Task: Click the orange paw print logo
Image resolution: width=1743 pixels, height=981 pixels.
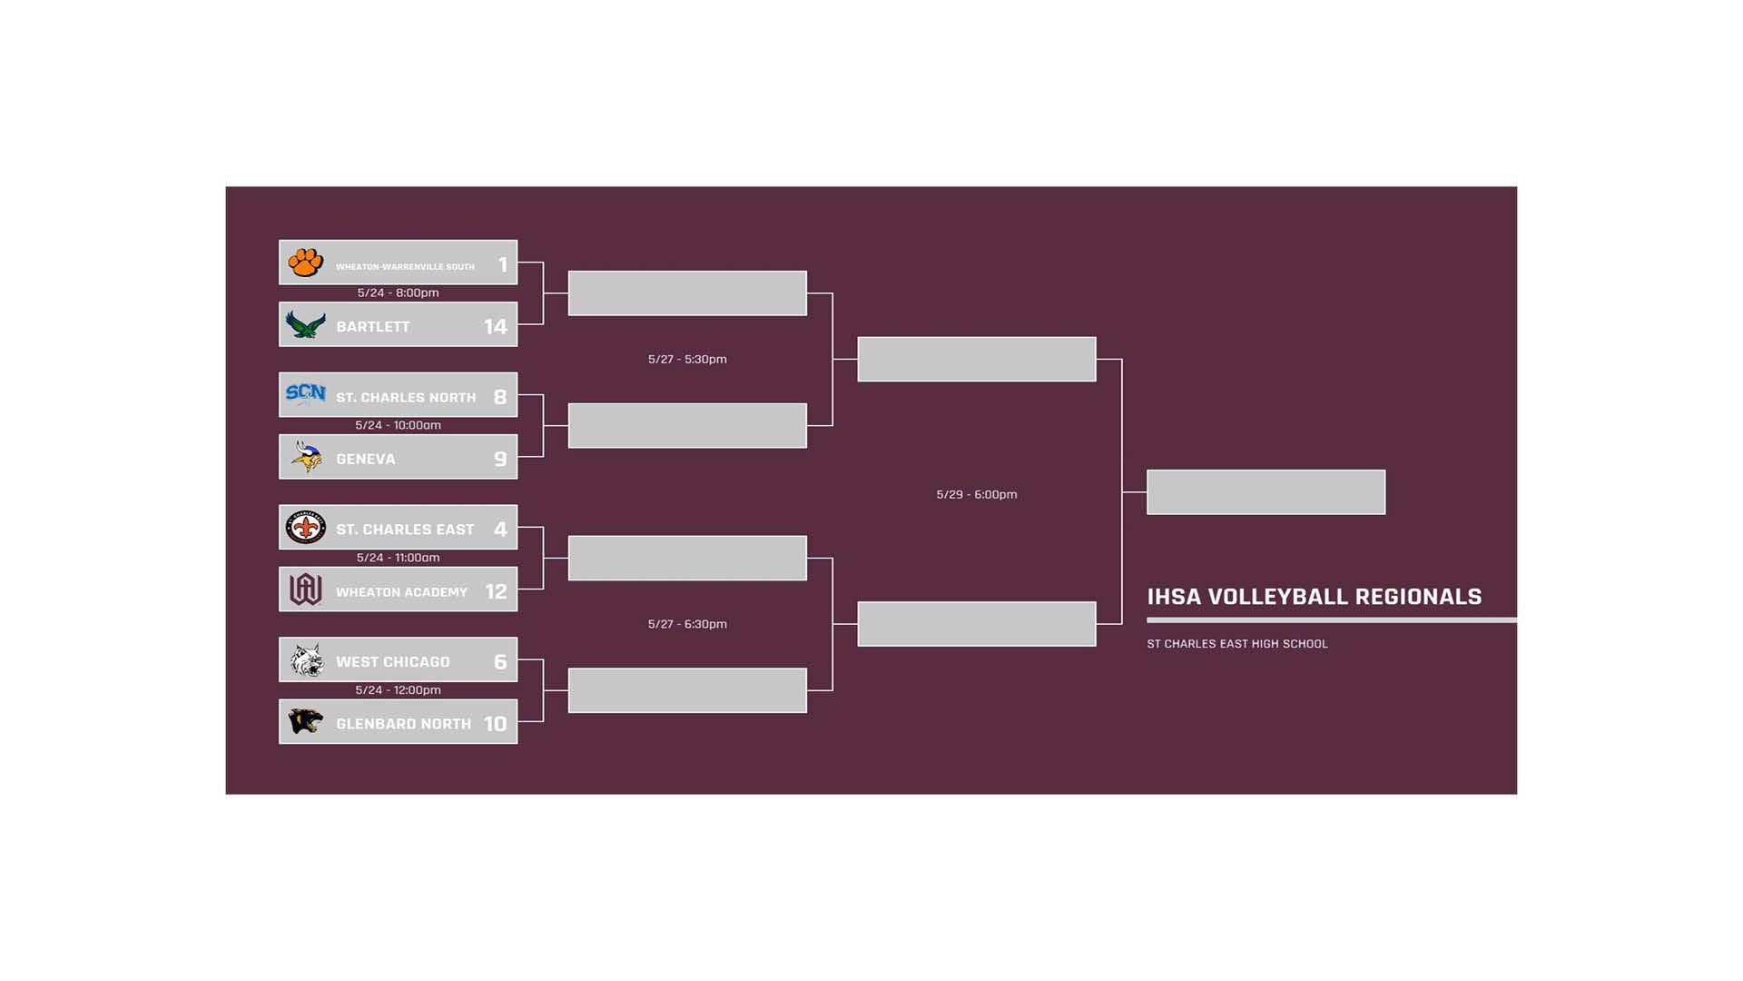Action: [x=305, y=263]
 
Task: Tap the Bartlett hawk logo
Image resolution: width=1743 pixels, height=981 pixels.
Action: [x=305, y=324]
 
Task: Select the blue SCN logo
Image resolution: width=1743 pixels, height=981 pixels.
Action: [x=305, y=394]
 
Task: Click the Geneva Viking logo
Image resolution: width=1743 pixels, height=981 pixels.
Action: [x=306, y=457]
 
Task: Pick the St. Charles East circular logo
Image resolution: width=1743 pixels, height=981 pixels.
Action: [x=305, y=527]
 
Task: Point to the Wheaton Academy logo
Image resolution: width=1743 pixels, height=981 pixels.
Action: [x=305, y=590]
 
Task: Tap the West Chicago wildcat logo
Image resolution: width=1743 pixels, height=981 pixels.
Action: [x=306, y=659]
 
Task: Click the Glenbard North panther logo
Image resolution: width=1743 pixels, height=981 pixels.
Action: [x=305, y=721]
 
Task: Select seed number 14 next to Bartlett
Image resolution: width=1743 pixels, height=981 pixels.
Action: [x=495, y=326]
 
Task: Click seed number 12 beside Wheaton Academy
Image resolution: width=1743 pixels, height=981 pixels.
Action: [x=496, y=591]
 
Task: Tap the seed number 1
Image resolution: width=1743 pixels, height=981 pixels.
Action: [x=503, y=264]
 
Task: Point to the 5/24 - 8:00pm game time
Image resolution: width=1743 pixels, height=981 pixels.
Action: [x=398, y=292]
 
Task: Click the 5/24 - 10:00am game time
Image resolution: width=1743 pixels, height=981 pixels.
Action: [x=398, y=425]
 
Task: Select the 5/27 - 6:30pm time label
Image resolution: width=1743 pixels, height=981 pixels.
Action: [x=687, y=624]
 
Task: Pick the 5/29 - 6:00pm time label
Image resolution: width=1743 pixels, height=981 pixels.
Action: [x=976, y=494]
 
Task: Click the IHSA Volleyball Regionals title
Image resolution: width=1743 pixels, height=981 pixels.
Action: [x=1314, y=597]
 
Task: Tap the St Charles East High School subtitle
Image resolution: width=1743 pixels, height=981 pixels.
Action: [x=1236, y=644]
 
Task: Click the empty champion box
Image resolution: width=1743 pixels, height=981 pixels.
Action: [x=1265, y=492]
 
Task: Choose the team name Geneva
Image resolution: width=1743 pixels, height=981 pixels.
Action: [x=366, y=459]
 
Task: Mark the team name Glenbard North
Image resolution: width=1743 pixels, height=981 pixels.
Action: [x=403, y=724]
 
